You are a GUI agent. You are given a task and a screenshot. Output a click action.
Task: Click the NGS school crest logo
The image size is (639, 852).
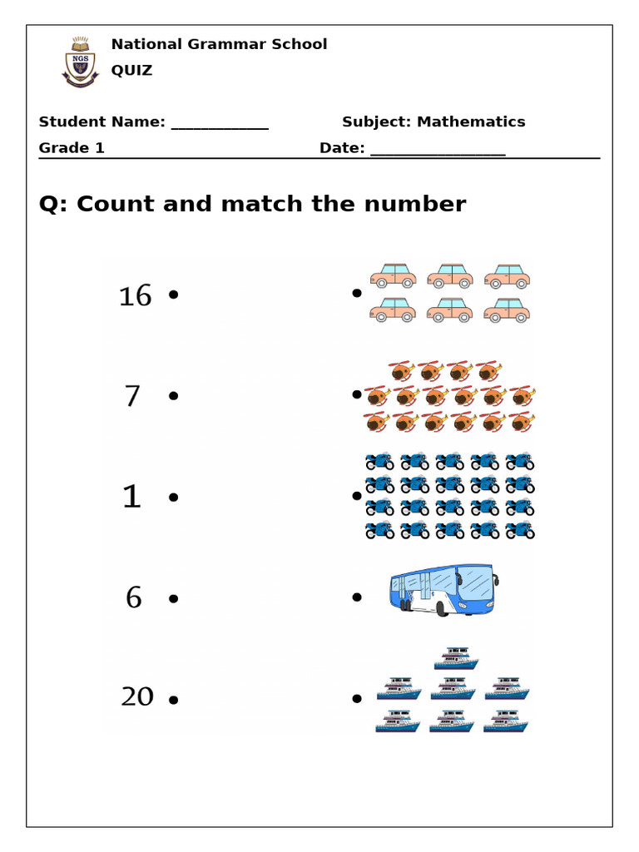click(79, 61)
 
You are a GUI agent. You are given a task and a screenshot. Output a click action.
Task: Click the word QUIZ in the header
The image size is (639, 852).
click(131, 71)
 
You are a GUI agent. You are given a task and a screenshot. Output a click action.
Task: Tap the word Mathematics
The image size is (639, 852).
click(471, 122)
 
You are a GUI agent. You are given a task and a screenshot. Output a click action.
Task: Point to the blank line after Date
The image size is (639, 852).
click(438, 151)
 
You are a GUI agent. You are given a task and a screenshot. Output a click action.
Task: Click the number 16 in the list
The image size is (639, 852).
click(135, 295)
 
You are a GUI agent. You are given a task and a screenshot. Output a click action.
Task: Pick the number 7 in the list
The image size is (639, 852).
click(132, 397)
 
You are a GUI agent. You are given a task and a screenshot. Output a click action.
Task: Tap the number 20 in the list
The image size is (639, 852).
click(137, 696)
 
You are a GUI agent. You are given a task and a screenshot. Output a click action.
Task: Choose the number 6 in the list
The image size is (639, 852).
click(134, 597)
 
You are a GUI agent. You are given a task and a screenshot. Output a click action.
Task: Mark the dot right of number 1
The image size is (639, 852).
click(173, 497)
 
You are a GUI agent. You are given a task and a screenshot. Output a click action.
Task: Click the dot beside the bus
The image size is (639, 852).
click(357, 597)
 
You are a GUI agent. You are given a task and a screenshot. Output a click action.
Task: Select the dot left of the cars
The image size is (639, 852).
click(357, 293)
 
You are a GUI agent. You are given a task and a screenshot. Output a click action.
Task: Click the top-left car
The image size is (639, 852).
click(393, 275)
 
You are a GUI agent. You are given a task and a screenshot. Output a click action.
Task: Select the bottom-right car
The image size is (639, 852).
click(507, 311)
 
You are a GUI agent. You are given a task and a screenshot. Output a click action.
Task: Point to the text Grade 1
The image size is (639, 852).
click(72, 149)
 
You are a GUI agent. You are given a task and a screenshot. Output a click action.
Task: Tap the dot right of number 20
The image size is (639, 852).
click(173, 700)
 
